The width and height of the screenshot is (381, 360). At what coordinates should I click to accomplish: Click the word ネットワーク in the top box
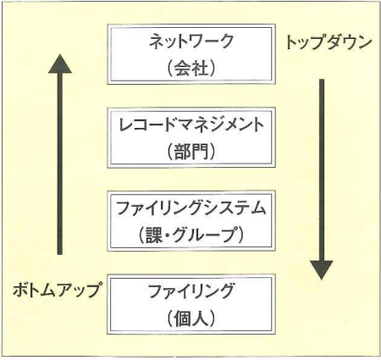pos(191,42)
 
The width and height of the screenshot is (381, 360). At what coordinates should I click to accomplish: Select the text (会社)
pos(191,68)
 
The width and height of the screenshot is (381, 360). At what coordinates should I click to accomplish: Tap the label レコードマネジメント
pos(191,125)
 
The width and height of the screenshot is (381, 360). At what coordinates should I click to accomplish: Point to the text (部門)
pos(191,151)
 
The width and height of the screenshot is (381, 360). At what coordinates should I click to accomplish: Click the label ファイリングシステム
pos(191,208)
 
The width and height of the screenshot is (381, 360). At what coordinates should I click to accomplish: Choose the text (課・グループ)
pos(191,235)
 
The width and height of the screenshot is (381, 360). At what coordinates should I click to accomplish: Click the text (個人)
pos(191,318)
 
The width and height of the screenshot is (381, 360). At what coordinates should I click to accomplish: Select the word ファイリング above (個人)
pos(191,291)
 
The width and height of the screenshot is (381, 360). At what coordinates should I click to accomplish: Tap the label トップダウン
pos(329,42)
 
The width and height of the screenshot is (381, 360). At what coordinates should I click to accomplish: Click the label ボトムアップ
pos(57,290)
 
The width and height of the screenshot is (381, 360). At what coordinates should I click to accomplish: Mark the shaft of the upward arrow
pos(59,163)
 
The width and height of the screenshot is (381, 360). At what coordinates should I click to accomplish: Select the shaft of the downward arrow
pos(322,170)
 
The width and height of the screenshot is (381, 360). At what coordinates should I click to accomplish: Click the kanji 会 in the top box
pos(183,68)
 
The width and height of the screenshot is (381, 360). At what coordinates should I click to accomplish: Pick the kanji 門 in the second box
pos(200,152)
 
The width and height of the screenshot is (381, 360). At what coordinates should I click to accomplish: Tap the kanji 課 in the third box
pos(154,235)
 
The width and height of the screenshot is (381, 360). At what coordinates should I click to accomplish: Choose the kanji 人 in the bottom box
pos(200,318)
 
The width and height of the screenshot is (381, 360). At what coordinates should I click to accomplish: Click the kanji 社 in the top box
pos(200,68)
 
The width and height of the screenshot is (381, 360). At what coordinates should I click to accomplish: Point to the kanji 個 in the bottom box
pos(183,318)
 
